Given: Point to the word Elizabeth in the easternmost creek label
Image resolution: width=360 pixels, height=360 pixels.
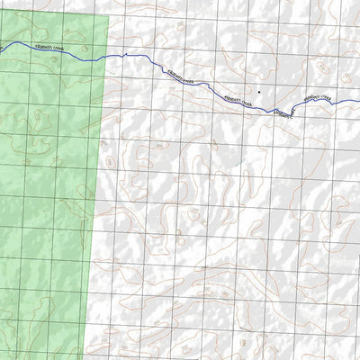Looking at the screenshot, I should [311, 96].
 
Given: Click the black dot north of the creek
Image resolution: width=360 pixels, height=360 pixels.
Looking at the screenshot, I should [259, 91].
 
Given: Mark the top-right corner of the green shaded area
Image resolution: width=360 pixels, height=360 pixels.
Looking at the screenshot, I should [108, 15].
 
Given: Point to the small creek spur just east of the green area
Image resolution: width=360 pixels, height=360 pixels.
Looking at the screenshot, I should [126, 54].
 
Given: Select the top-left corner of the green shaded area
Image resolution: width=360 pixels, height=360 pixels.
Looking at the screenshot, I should [1, 15].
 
